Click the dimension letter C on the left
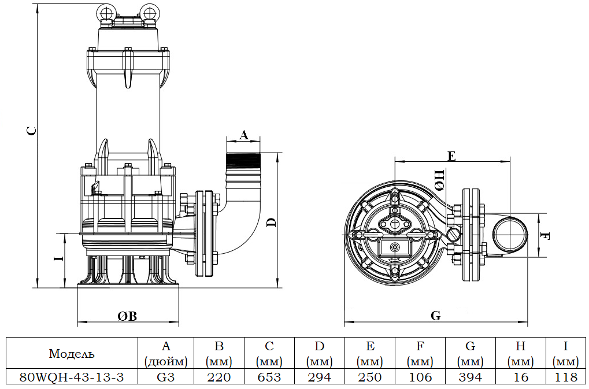pos(33,131)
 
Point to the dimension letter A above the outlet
pos(243,135)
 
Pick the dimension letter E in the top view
pos(451,155)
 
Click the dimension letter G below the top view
pos(436,316)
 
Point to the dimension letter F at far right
pos(545,236)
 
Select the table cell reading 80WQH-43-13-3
pos(72,377)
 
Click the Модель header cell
pos(72,354)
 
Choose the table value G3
pos(166,377)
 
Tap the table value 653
pos(269,377)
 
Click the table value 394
pos(471,377)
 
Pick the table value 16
pos(521,377)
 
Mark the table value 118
pos(565,377)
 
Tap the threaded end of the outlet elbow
pos(244,160)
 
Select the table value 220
pos(219,377)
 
